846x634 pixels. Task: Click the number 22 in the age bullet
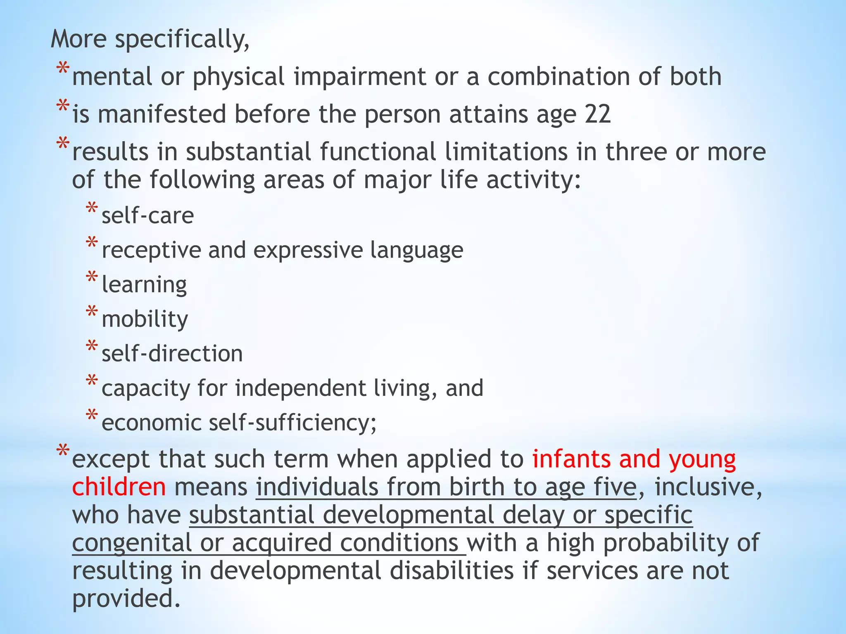pos(597,114)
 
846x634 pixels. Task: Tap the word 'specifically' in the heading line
pos(182,40)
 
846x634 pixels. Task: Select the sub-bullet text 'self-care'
pos(147,215)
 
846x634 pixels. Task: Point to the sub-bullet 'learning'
pos(144,285)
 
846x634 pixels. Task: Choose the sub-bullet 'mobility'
pos(145,319)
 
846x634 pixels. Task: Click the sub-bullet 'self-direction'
pos(172,354)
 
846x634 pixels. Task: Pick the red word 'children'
pos(119,487)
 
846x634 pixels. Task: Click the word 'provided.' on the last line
pos(126,599)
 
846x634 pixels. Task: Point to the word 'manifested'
pos(162,114)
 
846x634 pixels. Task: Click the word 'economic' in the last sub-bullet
pos(151,423)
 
